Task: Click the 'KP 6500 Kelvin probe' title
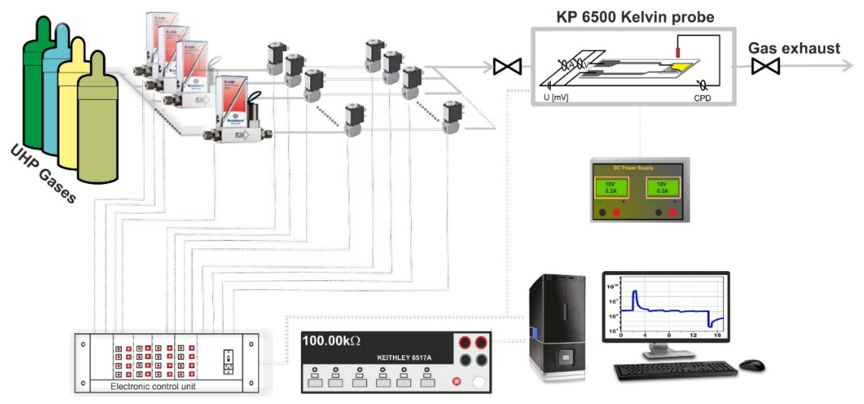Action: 635,18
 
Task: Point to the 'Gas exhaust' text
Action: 794,49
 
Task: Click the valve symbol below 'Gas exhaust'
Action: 766,66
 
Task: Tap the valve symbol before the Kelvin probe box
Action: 507,66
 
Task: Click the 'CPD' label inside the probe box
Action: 702,98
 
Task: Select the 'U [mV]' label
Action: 555,98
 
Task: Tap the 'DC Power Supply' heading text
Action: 633,168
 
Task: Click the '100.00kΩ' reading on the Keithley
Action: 331,341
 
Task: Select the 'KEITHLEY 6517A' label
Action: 404,358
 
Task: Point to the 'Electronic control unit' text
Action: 153,386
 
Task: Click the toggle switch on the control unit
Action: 228,362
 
